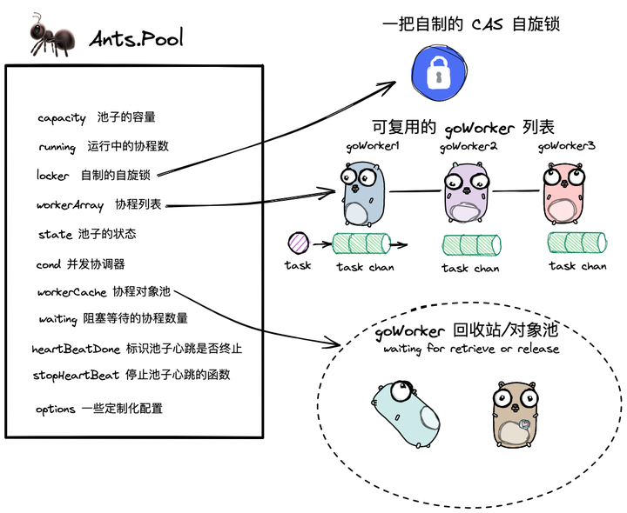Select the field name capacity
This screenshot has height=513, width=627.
click(x=62, y=117)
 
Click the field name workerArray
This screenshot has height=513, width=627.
click(x=71, y=205)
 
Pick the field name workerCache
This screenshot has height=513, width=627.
click(x=72, y=292)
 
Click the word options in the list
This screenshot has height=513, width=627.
click(x=56, y=409)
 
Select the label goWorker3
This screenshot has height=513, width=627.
click(x=566, y=146)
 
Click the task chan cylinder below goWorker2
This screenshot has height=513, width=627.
click(x=470, y=246)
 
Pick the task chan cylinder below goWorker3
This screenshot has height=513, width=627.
click(x=576, y=243)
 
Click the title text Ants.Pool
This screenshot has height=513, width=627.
click(x=137, y=38)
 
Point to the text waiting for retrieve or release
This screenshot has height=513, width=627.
click(x=471, y=350)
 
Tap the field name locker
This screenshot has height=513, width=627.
click(x=53, y=175)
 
